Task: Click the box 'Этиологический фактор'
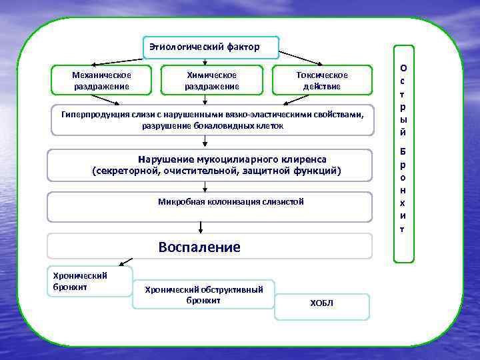(211, 47)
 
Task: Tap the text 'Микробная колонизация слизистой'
(231, 201)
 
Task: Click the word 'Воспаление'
(199, 247)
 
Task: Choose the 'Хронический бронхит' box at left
(89, 281)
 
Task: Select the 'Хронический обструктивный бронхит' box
(203, 294)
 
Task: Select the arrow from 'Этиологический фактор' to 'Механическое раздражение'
(120, 57)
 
